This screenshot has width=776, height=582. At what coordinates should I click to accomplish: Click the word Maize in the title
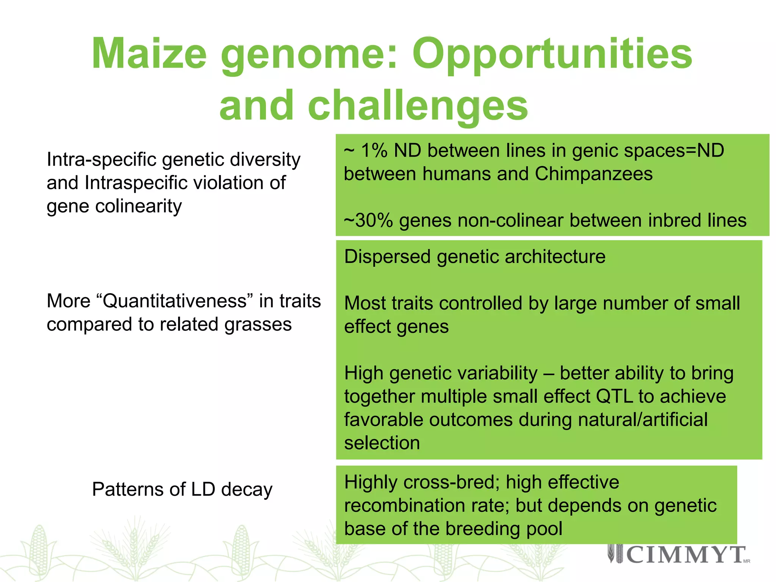coord(149,54)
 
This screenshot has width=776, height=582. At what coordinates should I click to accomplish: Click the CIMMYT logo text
coord(686,555)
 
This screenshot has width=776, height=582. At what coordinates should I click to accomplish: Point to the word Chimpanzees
coord(594,174)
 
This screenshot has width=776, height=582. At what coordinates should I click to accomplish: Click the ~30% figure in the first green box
coord(368,221)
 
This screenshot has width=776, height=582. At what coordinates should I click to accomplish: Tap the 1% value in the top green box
coord(374,150)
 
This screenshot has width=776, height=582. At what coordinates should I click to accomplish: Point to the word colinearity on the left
coord(138,207)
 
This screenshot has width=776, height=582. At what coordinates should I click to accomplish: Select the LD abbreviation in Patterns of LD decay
coord(203,489)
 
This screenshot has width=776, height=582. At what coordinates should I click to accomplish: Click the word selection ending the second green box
coord(382,443)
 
